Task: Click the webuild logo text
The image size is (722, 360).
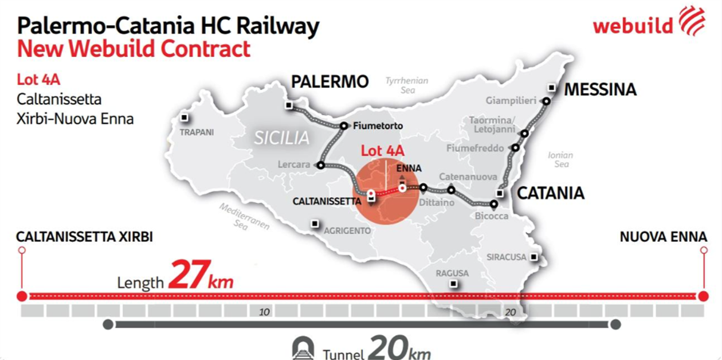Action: click(633, 26)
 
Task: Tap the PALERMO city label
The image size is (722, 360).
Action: click(329, 82)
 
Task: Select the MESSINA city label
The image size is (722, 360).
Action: click(600, 90)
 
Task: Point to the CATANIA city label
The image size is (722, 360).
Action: click(551, 193)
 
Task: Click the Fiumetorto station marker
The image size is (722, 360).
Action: click(344, 126)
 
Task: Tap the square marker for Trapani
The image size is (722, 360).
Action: click(185, 118)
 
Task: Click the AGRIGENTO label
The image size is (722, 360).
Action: click(348, 231)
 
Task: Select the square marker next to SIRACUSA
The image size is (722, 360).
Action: click(534, 257)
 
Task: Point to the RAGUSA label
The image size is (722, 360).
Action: click(452, 273)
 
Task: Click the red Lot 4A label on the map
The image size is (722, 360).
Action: click(383, 151)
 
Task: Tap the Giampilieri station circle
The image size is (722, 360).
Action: click(546, 101)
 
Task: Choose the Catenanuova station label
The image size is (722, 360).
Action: click(465, 177)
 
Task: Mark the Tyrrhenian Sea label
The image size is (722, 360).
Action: click(407, 85)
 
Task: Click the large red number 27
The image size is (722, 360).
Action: click(187, 275)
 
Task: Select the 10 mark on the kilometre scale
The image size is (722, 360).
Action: click(264, 312)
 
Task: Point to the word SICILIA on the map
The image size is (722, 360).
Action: click(283, 138)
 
